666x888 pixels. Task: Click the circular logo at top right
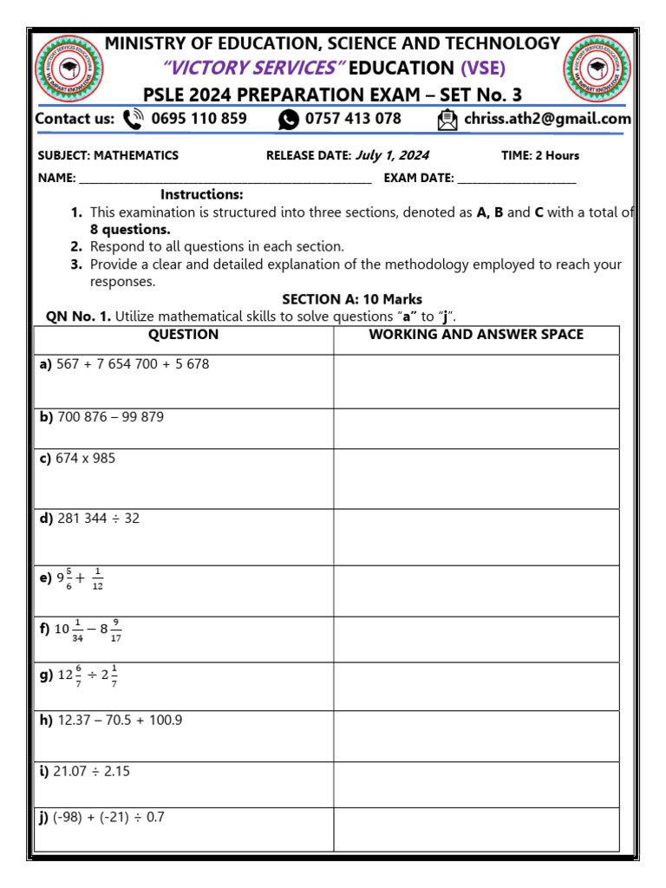click(x=597, y=68)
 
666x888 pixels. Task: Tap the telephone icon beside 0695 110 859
click(x=134, y=119)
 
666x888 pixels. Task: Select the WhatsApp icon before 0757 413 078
click(x=289, y=120)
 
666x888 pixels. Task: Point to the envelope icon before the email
click(x=447, y=120)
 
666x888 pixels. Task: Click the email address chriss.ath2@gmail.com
click(x=547, y=119)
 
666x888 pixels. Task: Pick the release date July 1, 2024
click(x=392, y=156)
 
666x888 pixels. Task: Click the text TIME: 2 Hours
click(x=540, y=156)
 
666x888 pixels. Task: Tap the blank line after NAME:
click(x=225, y=180)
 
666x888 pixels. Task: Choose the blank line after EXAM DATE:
click(x=516, y=180)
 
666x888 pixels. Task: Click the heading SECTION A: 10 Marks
click(x=352, y=300)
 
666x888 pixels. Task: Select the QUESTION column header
click(x=183, y=335)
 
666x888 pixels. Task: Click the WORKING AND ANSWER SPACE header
click(x=476, y=335)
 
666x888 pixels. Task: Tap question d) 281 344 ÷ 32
click(x=89, y=519)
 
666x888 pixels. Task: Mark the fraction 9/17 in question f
click(x=115, y=629)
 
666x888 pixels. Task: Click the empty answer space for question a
click(x=476, y=382)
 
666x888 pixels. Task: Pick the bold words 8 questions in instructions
click(x=130, y=230)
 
